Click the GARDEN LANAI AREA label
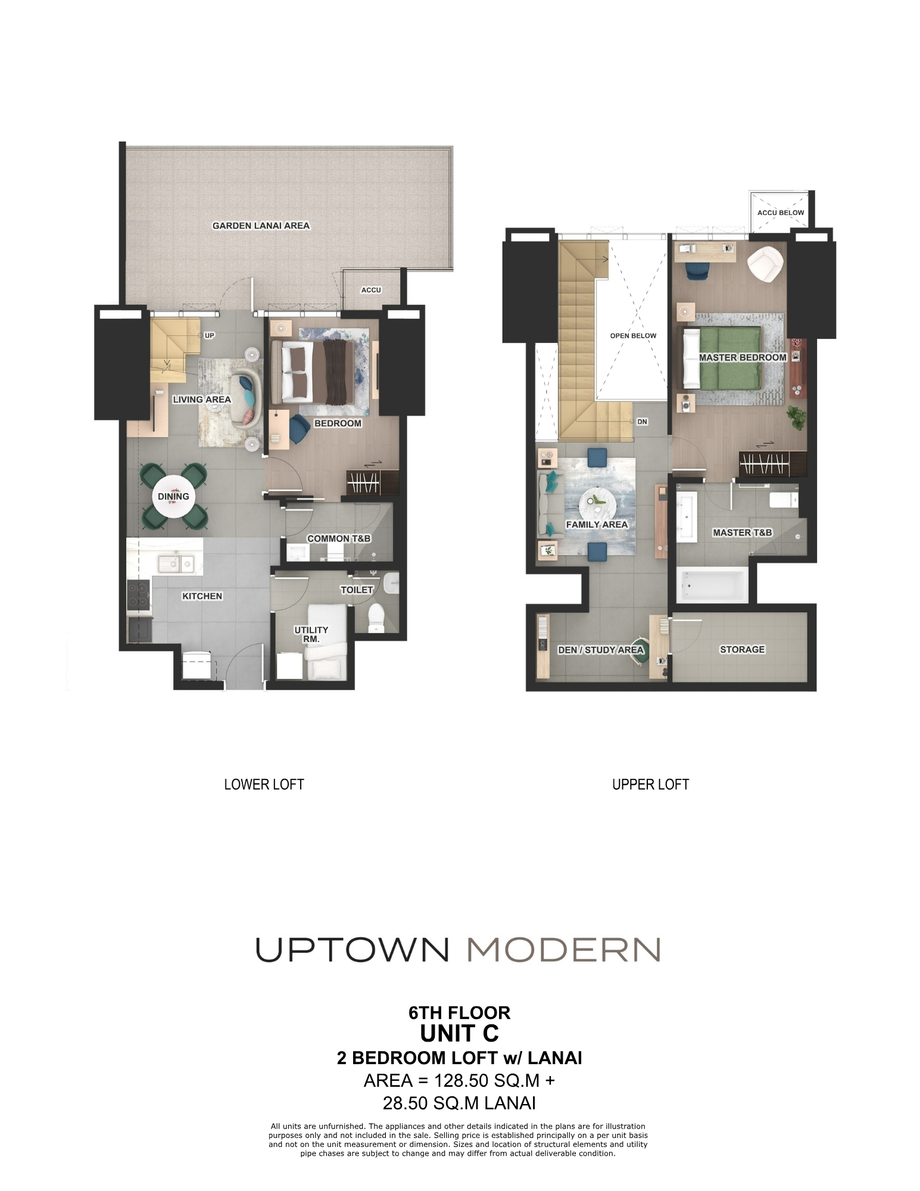261,226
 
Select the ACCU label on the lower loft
371,290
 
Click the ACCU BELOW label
780,213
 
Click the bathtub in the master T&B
712,584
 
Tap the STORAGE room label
742,649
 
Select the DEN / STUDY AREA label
600,650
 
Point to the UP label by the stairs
209,335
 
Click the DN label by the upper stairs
642,422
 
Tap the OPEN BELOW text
633,336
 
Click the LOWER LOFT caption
264,784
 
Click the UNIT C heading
459,1034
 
